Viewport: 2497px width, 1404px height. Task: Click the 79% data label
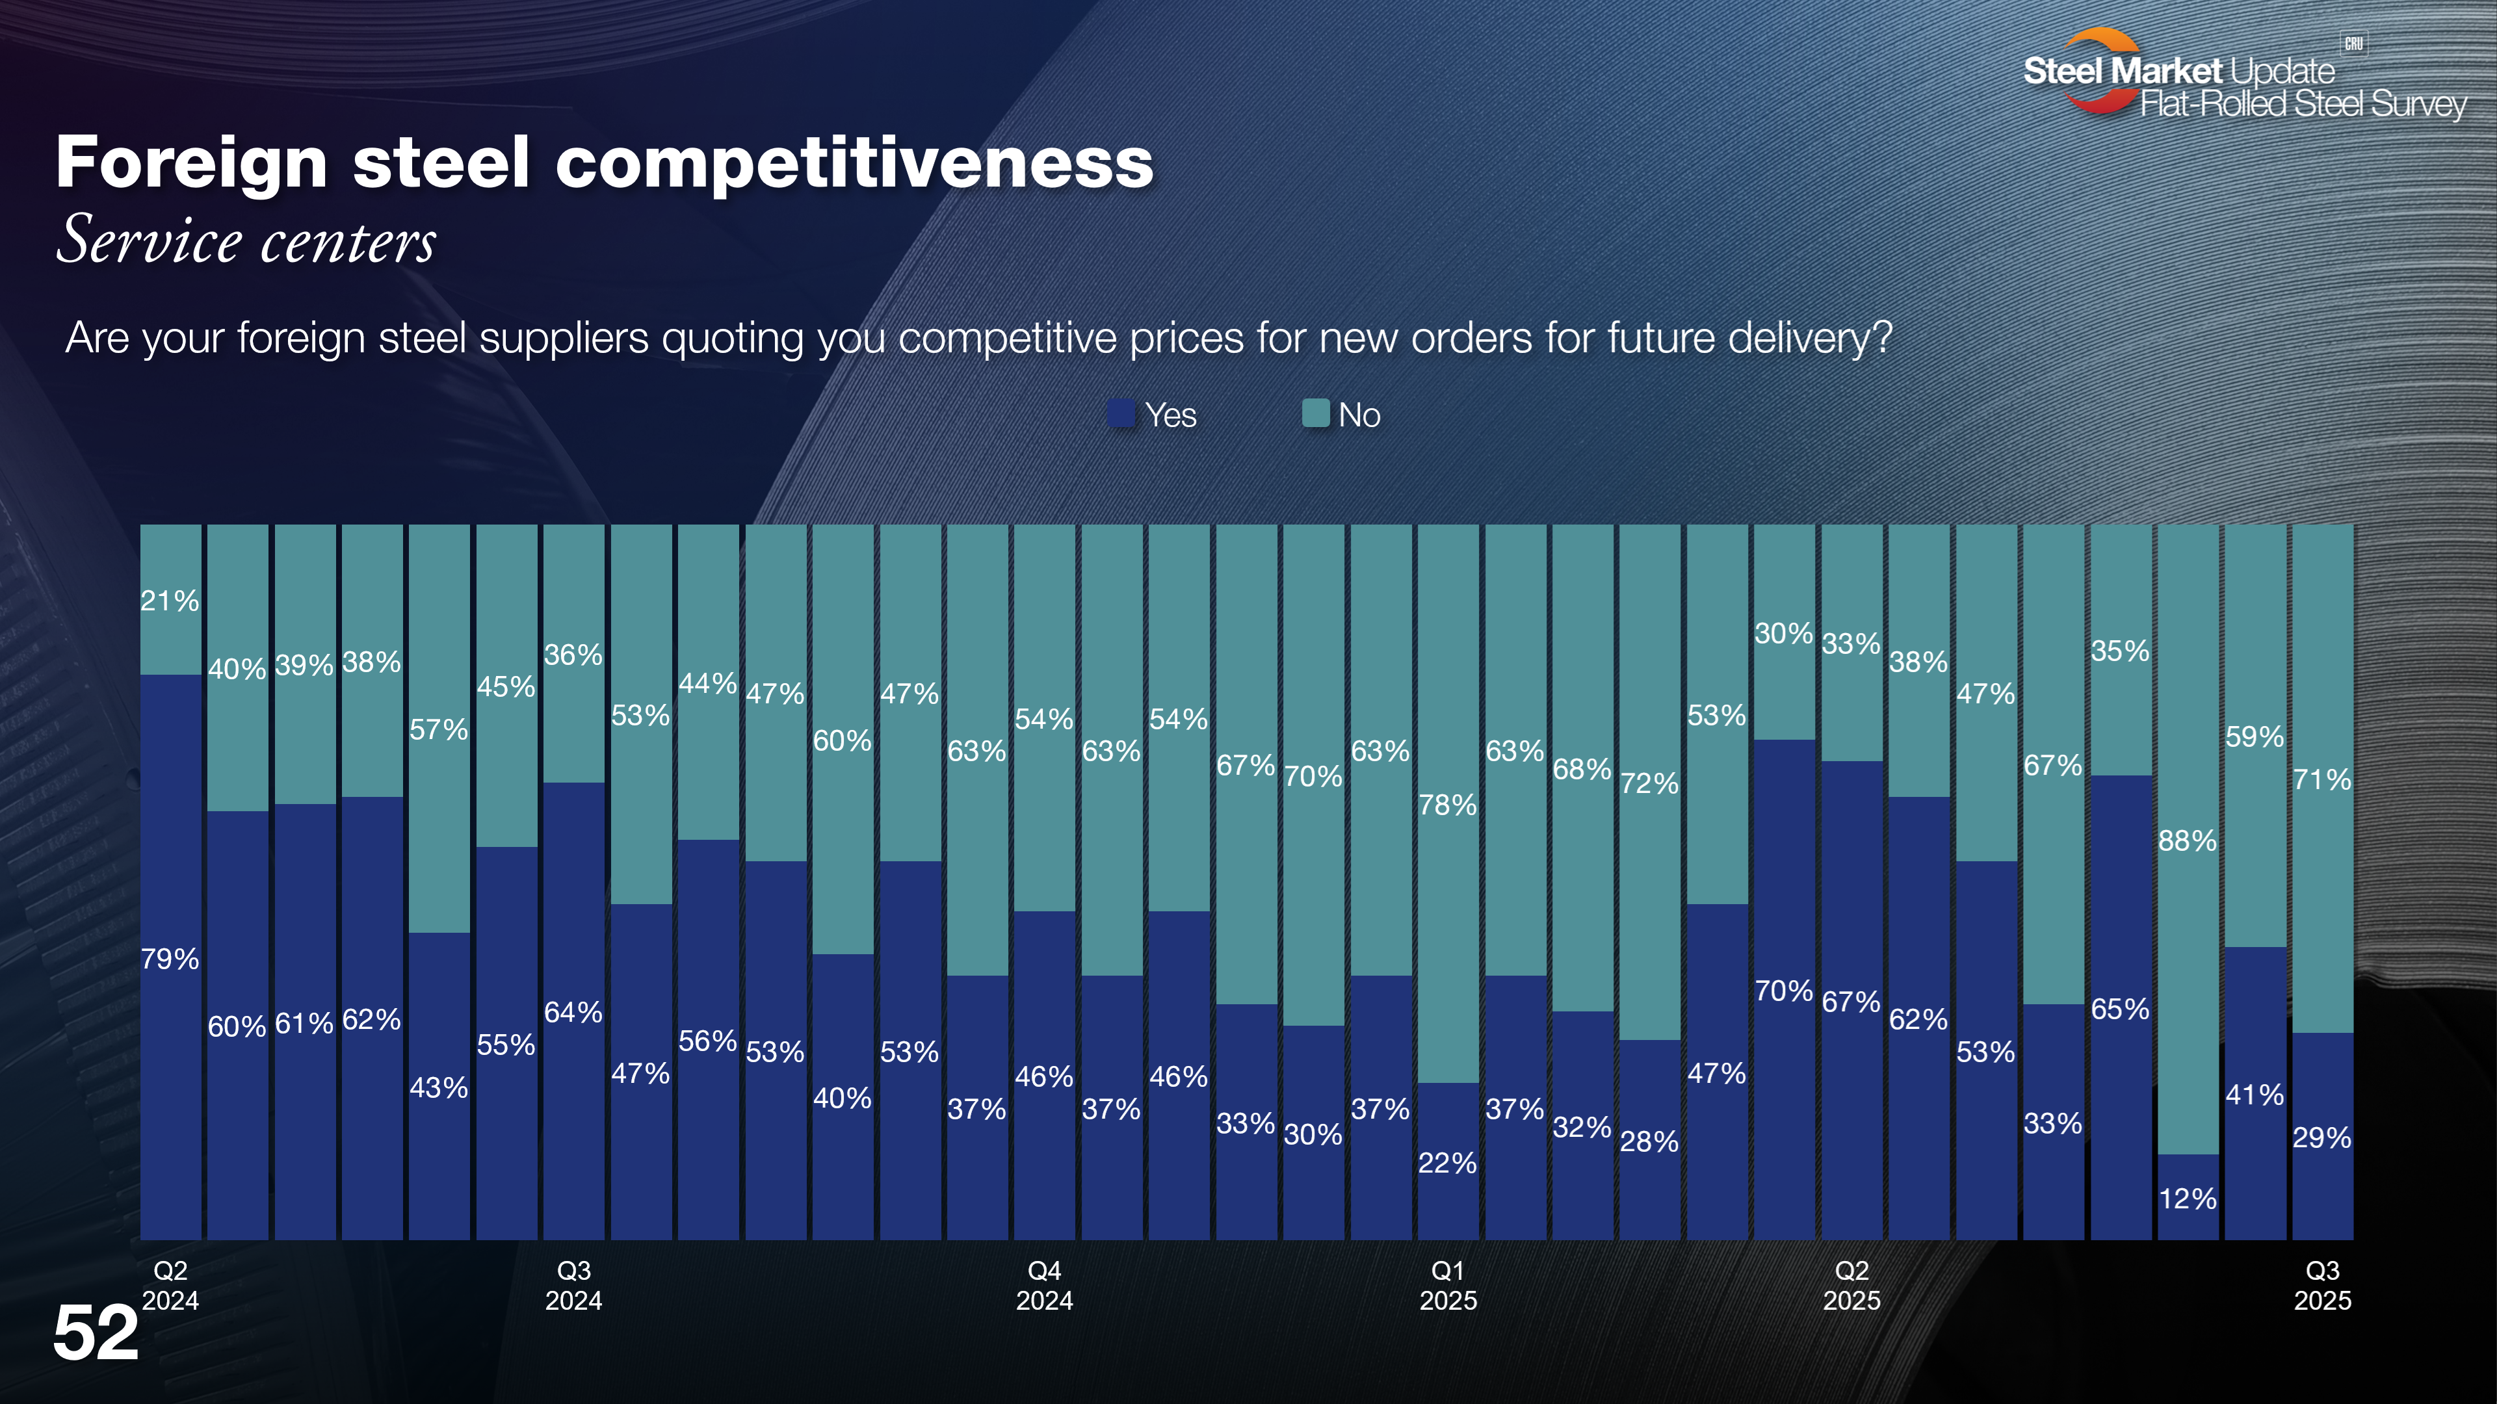click(170, 959)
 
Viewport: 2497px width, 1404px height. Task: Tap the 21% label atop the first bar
click(170, 601)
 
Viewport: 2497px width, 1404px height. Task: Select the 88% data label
click(2187, 841)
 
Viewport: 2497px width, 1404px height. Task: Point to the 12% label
click(2187, 1199)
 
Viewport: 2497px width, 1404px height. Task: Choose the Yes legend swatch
click(1121, 414)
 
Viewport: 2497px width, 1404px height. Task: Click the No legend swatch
click(1315, 414)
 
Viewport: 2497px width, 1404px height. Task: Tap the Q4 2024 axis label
click(1044, 1285)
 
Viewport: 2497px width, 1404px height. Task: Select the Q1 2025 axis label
click(1448, 1285)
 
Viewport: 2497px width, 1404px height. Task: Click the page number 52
click(96, 1333)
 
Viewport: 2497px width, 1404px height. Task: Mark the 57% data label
click(438, 729)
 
